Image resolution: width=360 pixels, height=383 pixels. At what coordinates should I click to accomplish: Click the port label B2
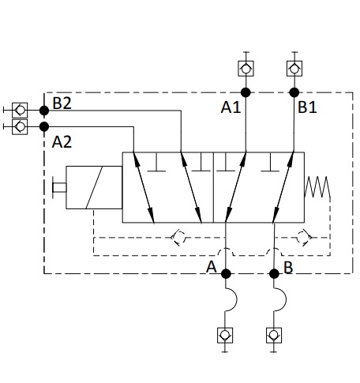[x=62, y=103]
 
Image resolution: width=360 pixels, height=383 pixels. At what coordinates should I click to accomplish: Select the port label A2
[x=62, y=142]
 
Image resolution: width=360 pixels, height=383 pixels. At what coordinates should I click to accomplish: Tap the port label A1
[x=231, y=107]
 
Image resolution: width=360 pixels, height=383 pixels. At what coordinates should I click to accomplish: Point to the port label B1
[x=307, y=107]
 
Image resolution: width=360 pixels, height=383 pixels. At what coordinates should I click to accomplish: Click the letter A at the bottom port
[x=212, y=267]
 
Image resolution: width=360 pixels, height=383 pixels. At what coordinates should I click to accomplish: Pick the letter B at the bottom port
[x=288, y=268]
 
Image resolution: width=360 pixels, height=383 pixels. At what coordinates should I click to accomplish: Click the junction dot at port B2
[x=44, y=111]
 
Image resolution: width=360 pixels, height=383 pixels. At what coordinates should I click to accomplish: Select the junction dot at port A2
[x=44, y=126]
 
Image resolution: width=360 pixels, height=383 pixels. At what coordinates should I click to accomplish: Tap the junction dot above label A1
[x=246, y=92]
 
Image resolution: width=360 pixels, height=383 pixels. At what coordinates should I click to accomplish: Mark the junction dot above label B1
[x=294, y=92]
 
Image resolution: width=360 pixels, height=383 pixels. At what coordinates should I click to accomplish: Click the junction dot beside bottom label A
[x=226, y=273]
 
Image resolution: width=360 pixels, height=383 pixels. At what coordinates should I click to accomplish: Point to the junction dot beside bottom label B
[x=274, y=273]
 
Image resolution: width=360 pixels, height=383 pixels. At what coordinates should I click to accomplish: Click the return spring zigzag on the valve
[x=317, y=187]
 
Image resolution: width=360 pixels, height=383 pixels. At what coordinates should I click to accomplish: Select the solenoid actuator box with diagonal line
[x=94, y=187]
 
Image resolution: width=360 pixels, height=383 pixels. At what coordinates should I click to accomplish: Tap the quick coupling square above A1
[x=246, y=69]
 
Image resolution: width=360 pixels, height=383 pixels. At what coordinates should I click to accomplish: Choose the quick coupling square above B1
[x=294, y=69]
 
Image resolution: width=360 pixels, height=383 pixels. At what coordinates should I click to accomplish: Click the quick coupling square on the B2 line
[x=20, y=111]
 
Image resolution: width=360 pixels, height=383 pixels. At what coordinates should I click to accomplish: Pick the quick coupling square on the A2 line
[x=20, y=126]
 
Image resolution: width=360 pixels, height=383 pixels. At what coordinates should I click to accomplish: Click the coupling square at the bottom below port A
[x=225, y=336]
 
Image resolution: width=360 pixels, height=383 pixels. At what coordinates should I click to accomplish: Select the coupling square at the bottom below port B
[x=274, y=336]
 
